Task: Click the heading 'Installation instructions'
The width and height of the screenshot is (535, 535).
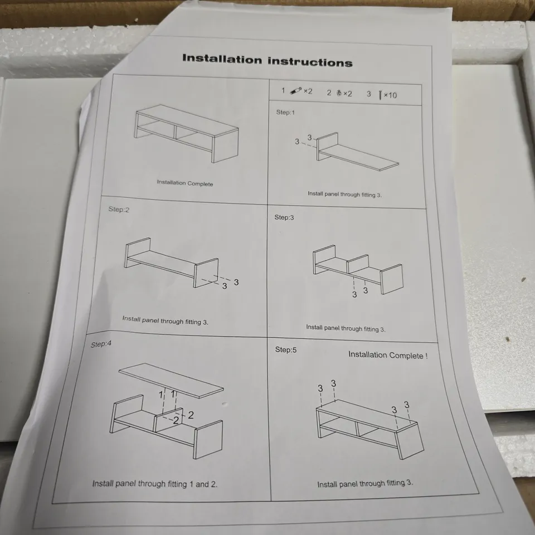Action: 267,60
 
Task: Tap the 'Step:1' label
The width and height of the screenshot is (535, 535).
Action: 284,112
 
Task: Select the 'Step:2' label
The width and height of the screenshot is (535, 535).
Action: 118,210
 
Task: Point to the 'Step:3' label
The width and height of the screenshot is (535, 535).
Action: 284,217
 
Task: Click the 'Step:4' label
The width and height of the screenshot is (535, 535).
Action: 101,344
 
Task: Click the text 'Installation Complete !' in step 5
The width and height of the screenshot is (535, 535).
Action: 388,355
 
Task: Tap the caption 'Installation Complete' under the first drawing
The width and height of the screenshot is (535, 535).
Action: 184,183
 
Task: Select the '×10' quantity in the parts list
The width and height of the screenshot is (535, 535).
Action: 390,95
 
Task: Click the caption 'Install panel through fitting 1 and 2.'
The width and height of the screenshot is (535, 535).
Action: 154,484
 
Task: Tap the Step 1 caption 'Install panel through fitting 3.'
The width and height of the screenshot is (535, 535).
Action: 344,193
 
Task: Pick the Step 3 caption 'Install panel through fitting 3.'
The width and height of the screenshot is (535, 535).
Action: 346,328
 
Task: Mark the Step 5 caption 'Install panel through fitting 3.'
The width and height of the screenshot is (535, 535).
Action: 365,483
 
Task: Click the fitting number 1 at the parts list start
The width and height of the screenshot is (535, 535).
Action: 283,91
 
